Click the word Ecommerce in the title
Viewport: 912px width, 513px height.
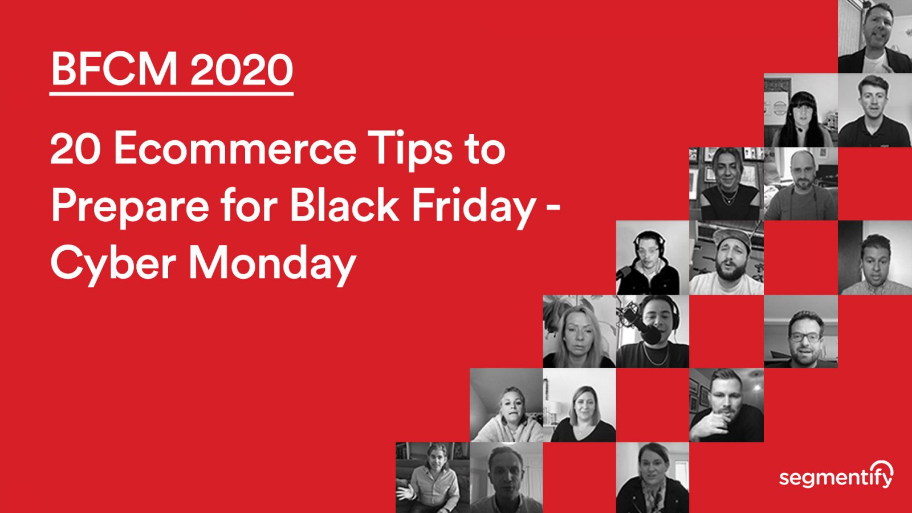point(235,149)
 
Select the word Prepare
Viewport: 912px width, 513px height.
point(131,206)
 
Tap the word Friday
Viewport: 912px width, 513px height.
point(473,206)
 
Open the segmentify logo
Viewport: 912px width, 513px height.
point(836,475)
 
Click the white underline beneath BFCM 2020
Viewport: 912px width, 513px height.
point(171,92)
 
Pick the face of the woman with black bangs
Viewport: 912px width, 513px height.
point(800,114)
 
